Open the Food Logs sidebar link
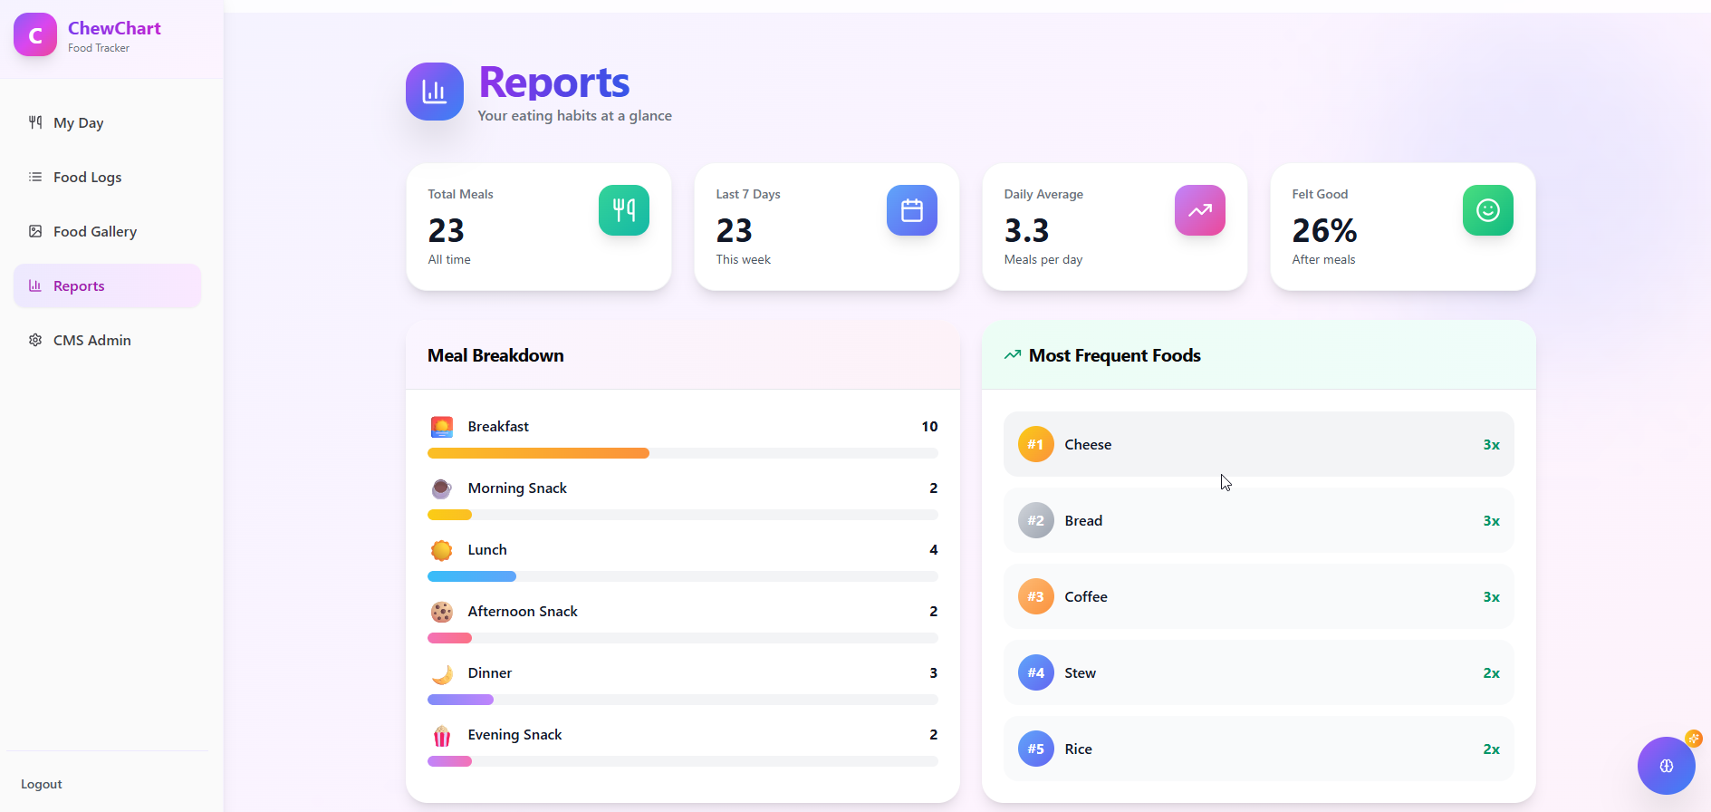(x=87, y=178)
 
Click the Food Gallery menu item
(x=94, y=232)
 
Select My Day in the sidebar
(x=78, y=123)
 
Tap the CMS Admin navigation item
(x=91, y=341)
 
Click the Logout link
(x=42, y=784)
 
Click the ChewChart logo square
(x=35, y=35)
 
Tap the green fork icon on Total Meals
(x=624, y=210)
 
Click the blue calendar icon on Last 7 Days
(x=912, y=210)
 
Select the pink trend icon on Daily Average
(x=1200, y=210)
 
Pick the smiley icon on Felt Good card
(x=1488, y=210)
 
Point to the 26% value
(x=1324, y=231)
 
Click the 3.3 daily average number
(x=1026, y=231)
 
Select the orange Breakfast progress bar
(x=538, y=453)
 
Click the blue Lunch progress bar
(x=471, y=576)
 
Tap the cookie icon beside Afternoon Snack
(x=442, y=612)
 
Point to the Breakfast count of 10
(x=929, y=427)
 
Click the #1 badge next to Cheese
(x=1036, y=444)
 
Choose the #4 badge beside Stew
(x=1036, y=672)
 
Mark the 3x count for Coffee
(x=1491, y=597)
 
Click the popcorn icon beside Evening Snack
(x=442, y=735)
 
